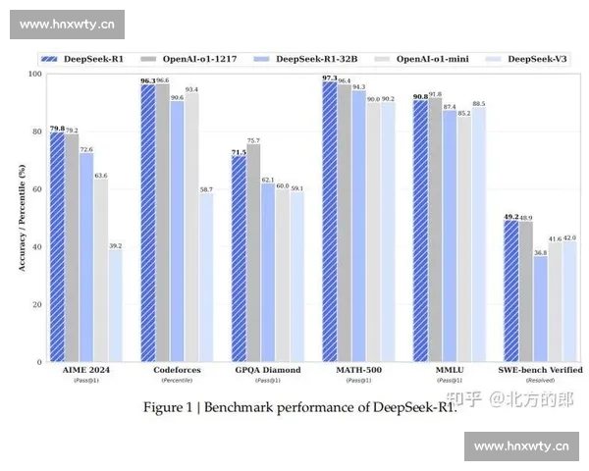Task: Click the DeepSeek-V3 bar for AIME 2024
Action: point(115,305)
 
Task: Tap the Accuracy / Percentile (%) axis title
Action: point(22,218)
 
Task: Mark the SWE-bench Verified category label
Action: point(539,370)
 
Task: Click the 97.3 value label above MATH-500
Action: point(329,77)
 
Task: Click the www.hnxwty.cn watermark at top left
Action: point(66,23)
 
